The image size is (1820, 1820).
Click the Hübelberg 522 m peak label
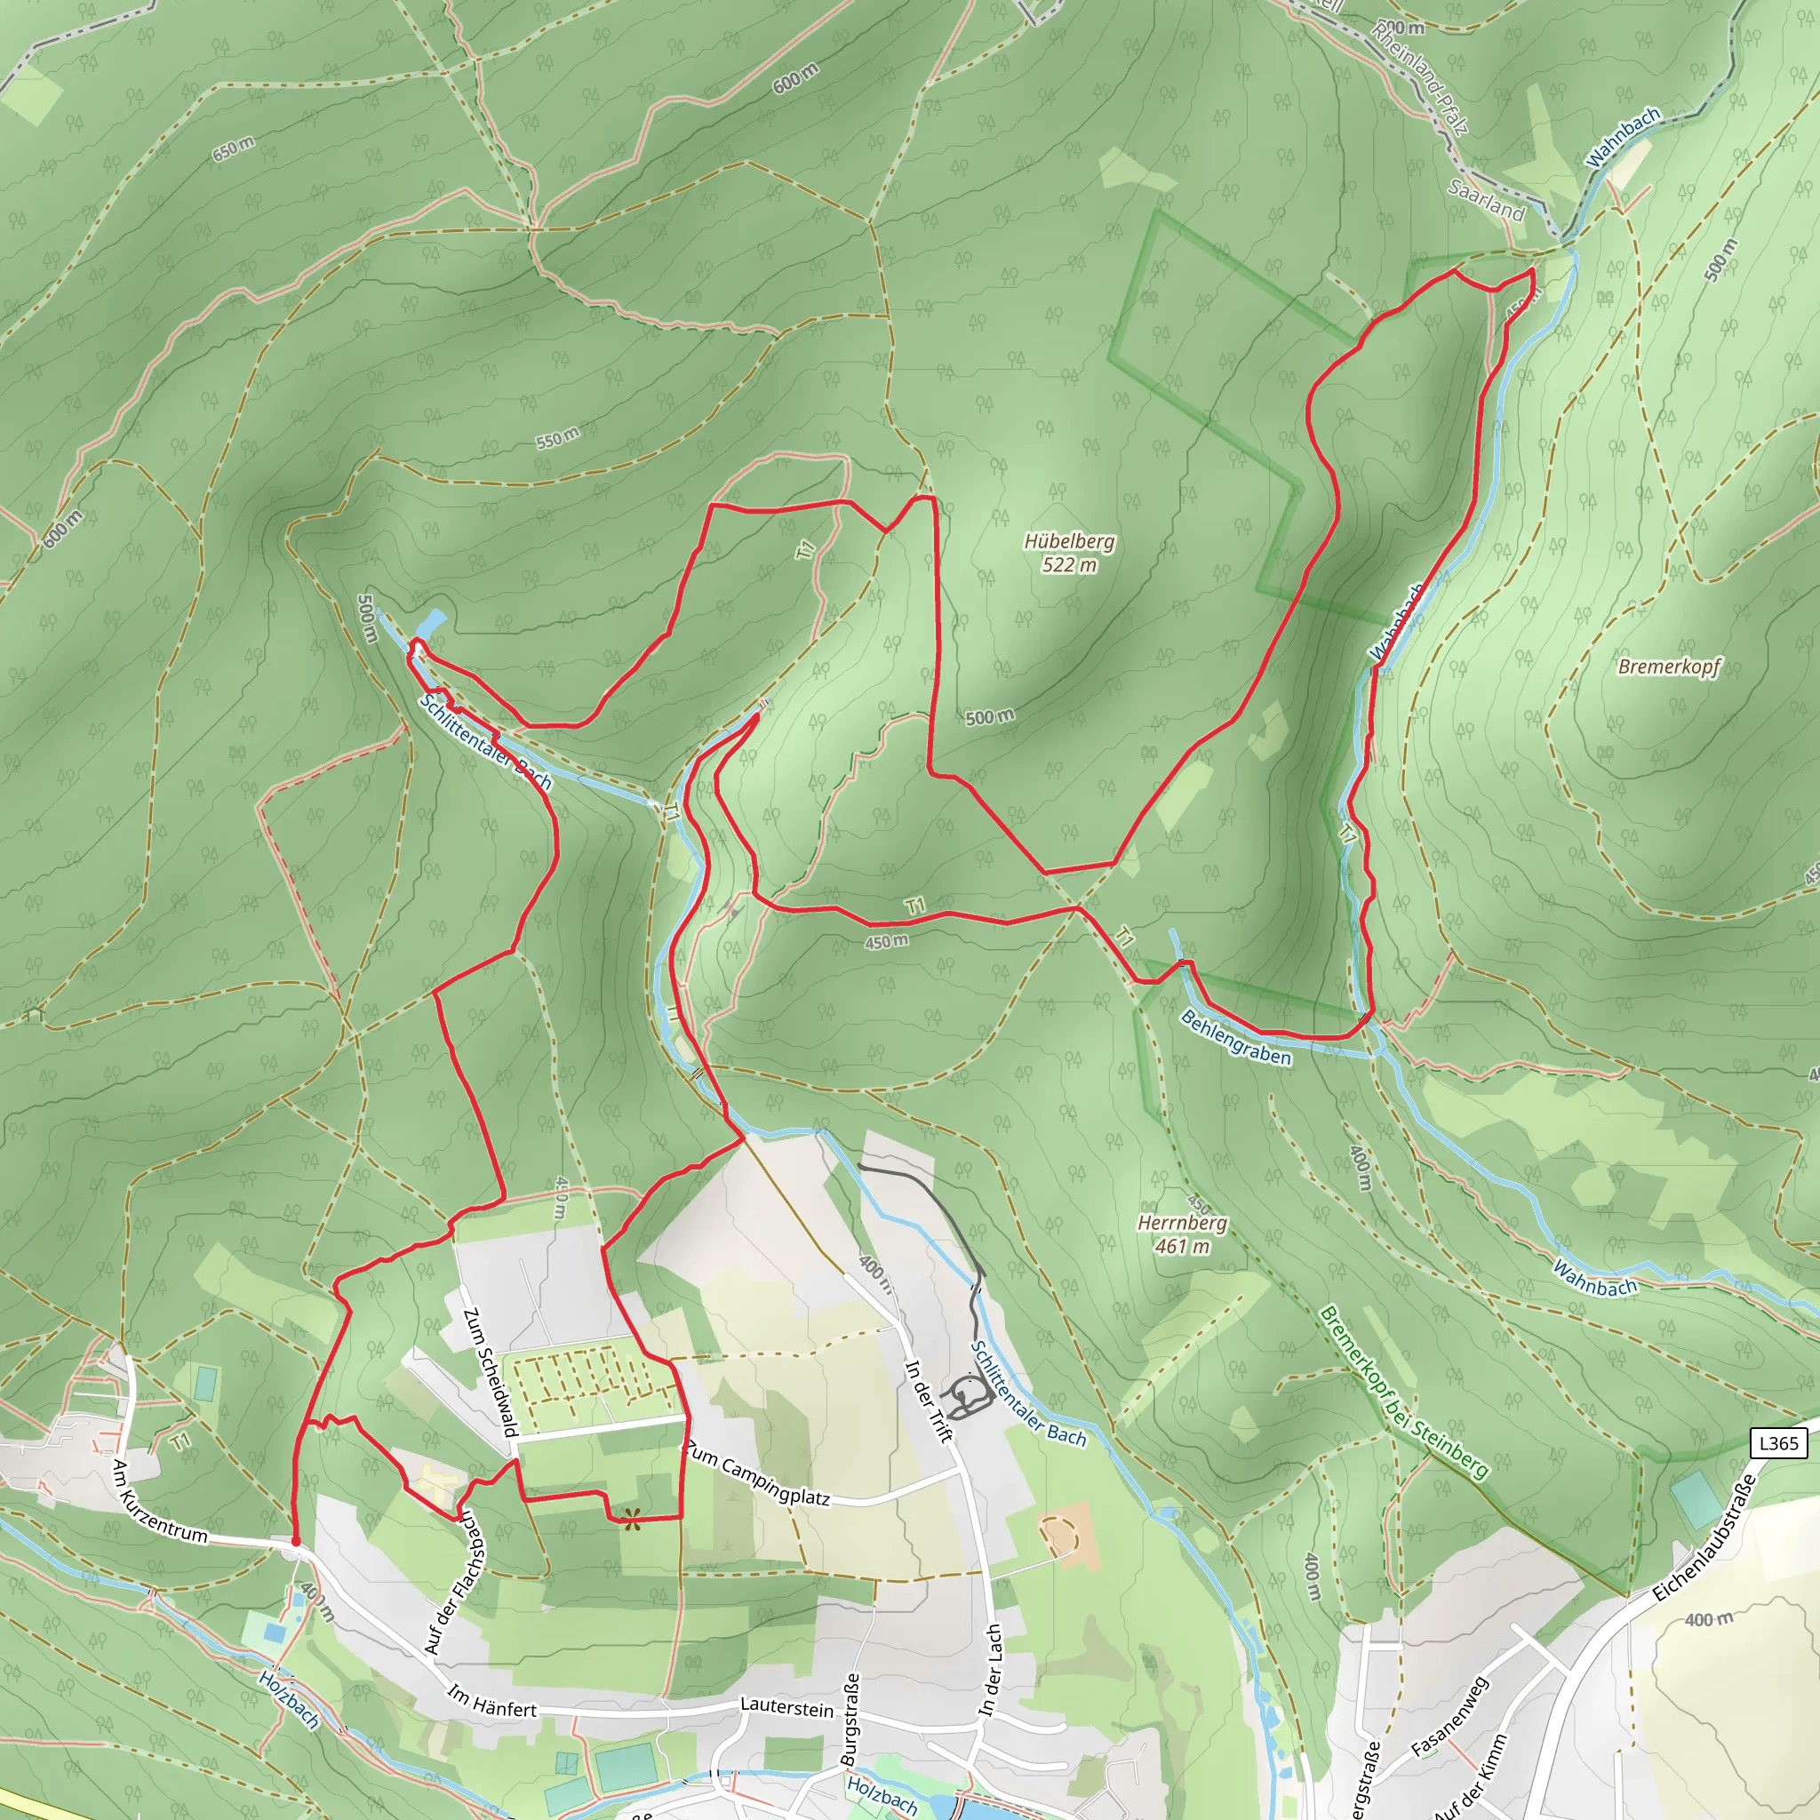pyautogui.click(x=1069, y=553)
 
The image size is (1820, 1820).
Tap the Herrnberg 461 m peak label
pyautogui.click(x=1182, y=1234)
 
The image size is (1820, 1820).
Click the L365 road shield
pyautogui.click(x=1778, y=1443)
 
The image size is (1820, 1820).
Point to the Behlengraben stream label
pyautogui.click(x=1235, y=1037)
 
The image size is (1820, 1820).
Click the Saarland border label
pyautogui.click(x=1486, y=200)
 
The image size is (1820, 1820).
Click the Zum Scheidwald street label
pyautogui.click(x=490, y=1371)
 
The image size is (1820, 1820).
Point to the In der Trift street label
pyautogui.click(x=929, y=1401)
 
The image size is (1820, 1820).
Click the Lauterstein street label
pyautogui.click(x=786, y=1706)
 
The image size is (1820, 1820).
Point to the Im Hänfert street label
pyautogui.click(x=491, y=1701)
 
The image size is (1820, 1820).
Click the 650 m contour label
pyautogui.click(x=233, y=148)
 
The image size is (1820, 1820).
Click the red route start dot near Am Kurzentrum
pyautogui.click(x=296, y=1543)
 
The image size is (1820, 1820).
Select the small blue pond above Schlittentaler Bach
pyautogui.click(x=433, y=623)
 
